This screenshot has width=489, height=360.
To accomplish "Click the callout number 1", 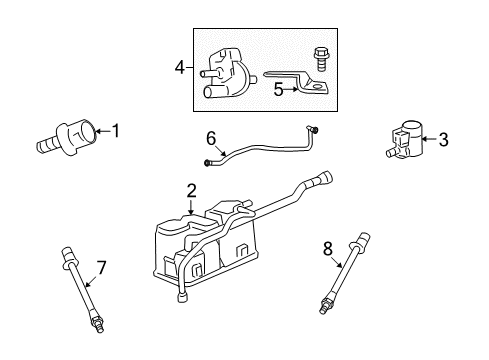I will (116, 129).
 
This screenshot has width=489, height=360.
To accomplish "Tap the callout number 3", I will (443, 141).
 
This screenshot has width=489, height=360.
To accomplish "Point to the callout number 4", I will (179, 68).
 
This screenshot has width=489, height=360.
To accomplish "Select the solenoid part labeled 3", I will (404, 140).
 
